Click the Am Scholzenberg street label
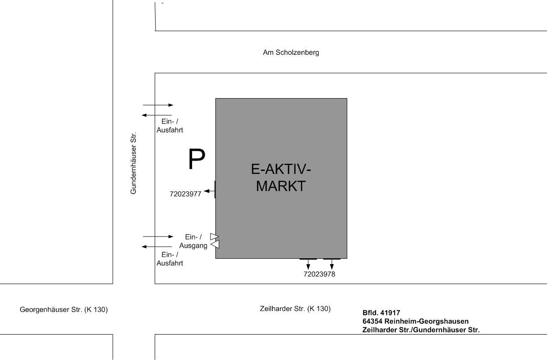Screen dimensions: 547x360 (x=291, y=53)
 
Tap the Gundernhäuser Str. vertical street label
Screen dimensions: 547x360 (x=133, y=163)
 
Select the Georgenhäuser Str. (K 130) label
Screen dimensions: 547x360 (x=64, y=310)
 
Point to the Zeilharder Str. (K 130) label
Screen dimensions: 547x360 (x=295, y=309)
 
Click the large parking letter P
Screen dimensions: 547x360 (x=197, y=159)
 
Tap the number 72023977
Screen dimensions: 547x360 (x=185, y=194)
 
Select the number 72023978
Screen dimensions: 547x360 (x=319, y=274)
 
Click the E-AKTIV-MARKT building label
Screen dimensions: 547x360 (x=281, y=178)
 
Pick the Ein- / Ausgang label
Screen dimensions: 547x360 (x=193, y=241)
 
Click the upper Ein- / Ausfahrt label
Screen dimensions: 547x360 (x=170, y=126)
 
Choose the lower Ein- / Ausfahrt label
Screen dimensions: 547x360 (x=170, y=259)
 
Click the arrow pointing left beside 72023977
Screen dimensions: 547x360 (x=209, y=191)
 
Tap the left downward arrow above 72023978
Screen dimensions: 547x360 (x=308, y=265)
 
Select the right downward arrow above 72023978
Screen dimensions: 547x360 (x=332, y=265)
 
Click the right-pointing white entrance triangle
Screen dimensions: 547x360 (x=214, y=236)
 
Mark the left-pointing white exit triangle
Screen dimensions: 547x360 (x=215, y=244)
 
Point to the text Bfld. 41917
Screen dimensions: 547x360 (x=381, y=313)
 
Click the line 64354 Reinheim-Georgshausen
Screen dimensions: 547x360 (x=415, y=321)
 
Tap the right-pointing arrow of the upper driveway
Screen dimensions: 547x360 (x=158, y=105)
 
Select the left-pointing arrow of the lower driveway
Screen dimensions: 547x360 (x=157, y=247)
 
